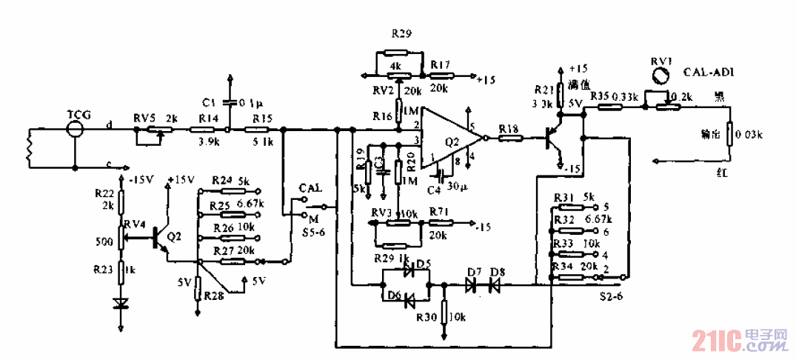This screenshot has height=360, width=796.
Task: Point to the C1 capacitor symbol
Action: (x=231, y=101)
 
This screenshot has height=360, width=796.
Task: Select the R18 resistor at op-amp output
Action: (x=510, y=138)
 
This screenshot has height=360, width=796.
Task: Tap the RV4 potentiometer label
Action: (x=135, y=224)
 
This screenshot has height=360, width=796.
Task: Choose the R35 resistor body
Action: (x=610, y=107)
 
